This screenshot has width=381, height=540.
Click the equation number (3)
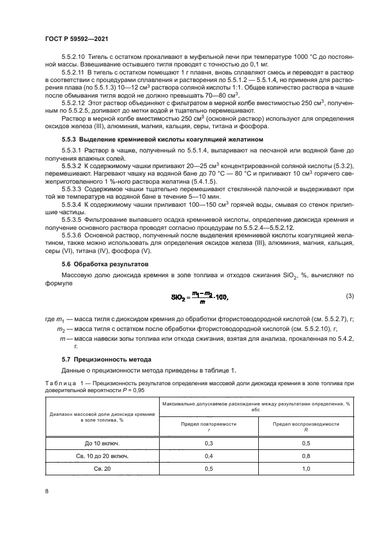click(x=349, y=296)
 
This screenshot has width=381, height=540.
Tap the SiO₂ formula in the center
click(x=199, y=297)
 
